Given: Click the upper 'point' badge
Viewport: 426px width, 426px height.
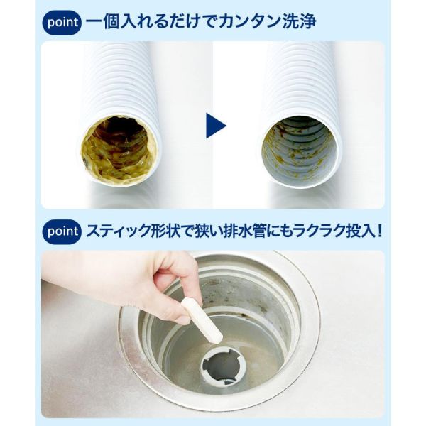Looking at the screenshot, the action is point(62,23).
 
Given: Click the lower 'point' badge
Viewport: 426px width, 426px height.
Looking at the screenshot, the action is point(62,231).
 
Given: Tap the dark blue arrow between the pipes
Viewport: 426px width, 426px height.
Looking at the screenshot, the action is point(216,126).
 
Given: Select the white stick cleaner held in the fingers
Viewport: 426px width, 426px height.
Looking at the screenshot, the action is point(202,319).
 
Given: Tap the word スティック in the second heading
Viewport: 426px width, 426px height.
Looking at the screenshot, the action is point(118,231).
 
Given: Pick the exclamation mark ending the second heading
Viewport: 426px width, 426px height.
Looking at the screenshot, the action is point(379,231).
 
